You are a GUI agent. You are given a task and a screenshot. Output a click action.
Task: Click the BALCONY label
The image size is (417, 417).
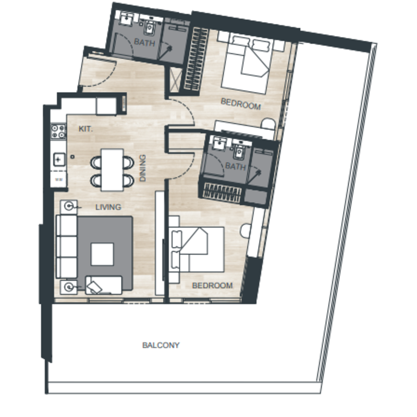click(161, 345)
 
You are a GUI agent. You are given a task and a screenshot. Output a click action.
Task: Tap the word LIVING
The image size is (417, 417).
click(108, 207)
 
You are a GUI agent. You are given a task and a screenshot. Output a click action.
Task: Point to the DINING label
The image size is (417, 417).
click(143, 168)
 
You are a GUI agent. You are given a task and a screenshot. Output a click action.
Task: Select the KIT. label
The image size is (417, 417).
click(85, 129)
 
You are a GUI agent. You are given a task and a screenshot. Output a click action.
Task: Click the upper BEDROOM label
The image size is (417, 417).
click(241, 104)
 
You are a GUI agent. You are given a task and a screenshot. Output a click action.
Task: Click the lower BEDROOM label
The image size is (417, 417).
click(212, 285)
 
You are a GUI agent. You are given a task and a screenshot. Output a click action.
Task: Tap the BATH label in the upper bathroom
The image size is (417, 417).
click(144, 42)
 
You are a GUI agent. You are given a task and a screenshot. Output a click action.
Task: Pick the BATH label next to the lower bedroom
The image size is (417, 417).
click(236, 166)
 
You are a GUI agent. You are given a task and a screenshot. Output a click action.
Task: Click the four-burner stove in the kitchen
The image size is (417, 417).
click(58, 131)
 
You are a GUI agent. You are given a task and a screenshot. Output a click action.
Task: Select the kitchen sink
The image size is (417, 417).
click(59, 160)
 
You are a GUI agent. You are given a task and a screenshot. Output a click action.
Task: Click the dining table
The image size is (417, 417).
click(112, 170)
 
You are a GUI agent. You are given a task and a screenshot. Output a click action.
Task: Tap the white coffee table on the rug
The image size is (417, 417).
click(102, 254)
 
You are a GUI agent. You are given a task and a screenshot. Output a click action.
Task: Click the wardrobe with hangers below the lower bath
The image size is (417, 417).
click(223, 192)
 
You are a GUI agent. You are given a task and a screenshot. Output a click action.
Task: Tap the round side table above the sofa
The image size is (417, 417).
click(69, 206)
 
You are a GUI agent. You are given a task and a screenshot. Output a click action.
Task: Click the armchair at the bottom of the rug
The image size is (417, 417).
click(104, 285)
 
